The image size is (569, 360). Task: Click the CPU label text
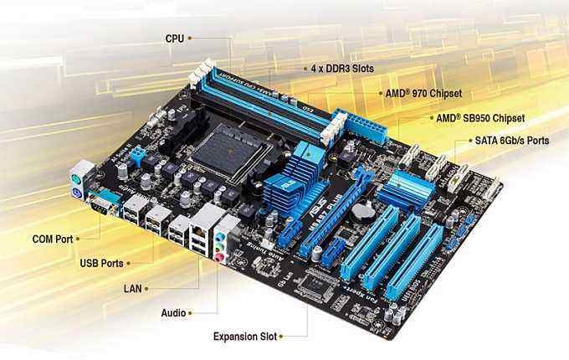[174, 38]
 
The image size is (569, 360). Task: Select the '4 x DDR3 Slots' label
[342, 68]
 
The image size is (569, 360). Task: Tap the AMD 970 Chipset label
[423, 93]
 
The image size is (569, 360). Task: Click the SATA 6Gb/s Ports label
[511, 141]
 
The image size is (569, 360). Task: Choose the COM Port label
[53, 239]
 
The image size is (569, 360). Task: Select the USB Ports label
[101, 263]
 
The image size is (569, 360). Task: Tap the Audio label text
[172, 312]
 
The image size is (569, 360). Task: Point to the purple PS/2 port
[76, 193]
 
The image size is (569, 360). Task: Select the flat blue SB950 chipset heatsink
[405, 189]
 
